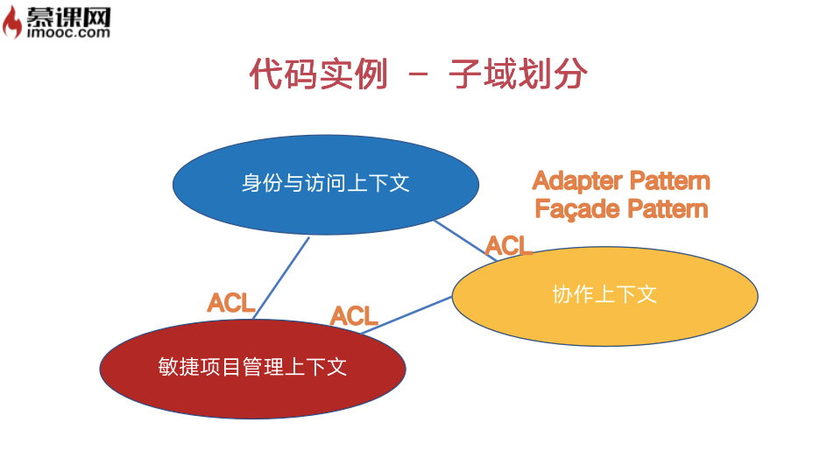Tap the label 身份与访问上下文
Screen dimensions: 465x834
(325, 183)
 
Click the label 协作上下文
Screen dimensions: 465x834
(604, 294)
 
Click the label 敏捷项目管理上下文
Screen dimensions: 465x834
(252, 366)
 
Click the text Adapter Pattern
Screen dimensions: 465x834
(621, 181)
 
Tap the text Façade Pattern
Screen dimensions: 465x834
(621, 209)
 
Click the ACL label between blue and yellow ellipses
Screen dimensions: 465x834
(509, 246)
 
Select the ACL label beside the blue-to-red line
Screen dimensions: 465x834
(231, 303)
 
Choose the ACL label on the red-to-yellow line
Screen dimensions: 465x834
(354, 315)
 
